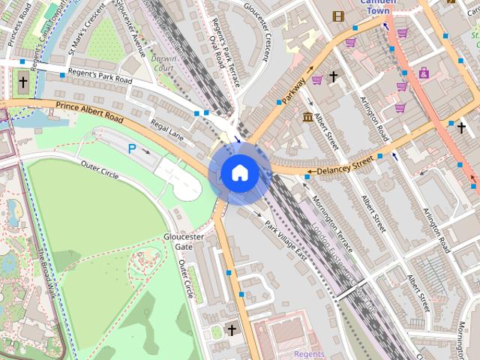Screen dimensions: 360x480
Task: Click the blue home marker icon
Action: pyautogui.click(x=239, y=173)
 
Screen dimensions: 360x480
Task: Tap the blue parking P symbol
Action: pyautogui.click(x=132, y=149)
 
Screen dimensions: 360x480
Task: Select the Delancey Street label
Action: pyautogui.click(x=344, y=165)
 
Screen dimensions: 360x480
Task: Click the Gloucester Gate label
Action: pyautogui.click(x=184, y=241)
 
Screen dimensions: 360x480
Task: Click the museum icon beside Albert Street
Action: pyautogui.click(x=308, y=116)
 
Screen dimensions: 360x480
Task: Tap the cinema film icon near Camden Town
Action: pyautogui.click(x=338, y=16)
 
